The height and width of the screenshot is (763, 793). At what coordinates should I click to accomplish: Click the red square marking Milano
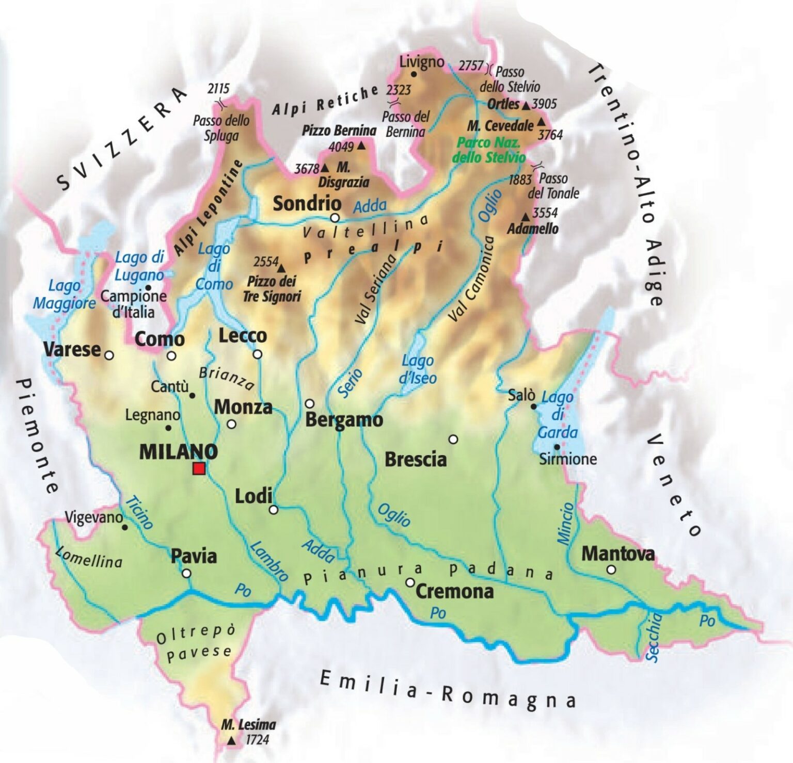click(x=199, y=468)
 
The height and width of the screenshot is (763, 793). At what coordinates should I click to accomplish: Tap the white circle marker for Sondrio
click(x=335, y=217)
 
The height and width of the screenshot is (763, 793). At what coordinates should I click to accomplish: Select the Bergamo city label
click(x=344, y=420)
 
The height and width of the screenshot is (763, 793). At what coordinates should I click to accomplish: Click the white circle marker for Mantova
click(x=611, y=570)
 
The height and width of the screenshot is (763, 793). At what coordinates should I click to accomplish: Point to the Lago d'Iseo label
click(x=418, y=369)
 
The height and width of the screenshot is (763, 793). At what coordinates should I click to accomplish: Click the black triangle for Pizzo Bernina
click(x=361, y=147)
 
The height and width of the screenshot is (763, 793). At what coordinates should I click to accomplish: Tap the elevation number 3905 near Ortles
click(x=545, y=104)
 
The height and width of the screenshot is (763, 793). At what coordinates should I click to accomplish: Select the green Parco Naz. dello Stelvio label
click(x=489, y=150)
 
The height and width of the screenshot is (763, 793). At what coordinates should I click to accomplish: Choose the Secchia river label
click(x=653, y=637)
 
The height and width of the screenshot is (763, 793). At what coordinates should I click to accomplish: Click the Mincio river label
click(x=565, y=523)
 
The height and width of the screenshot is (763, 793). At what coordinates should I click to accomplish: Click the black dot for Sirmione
click(x=557, y=447)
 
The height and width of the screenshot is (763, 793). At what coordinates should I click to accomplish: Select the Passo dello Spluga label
click(x=221, y=128)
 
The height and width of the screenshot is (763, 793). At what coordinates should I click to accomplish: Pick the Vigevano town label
click(x=94, y=517)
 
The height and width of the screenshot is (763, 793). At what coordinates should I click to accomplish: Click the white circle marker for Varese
click(x=109, y=355)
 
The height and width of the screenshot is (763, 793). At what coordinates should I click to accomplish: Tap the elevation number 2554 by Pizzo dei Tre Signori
click(x=266, y=262)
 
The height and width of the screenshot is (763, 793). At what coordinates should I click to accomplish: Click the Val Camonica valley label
click(x=471, y=280)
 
